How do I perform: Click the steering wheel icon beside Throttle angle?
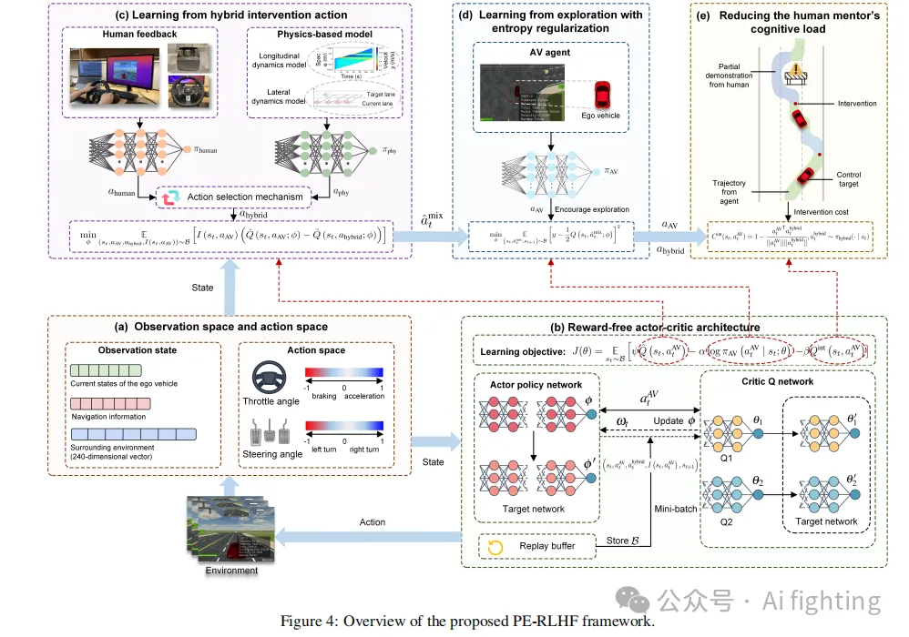[268, 376]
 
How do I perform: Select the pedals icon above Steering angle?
[268, 428]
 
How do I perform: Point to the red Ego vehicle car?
[602, 94]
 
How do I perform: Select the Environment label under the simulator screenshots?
[230, 571]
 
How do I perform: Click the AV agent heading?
[549, 52]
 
